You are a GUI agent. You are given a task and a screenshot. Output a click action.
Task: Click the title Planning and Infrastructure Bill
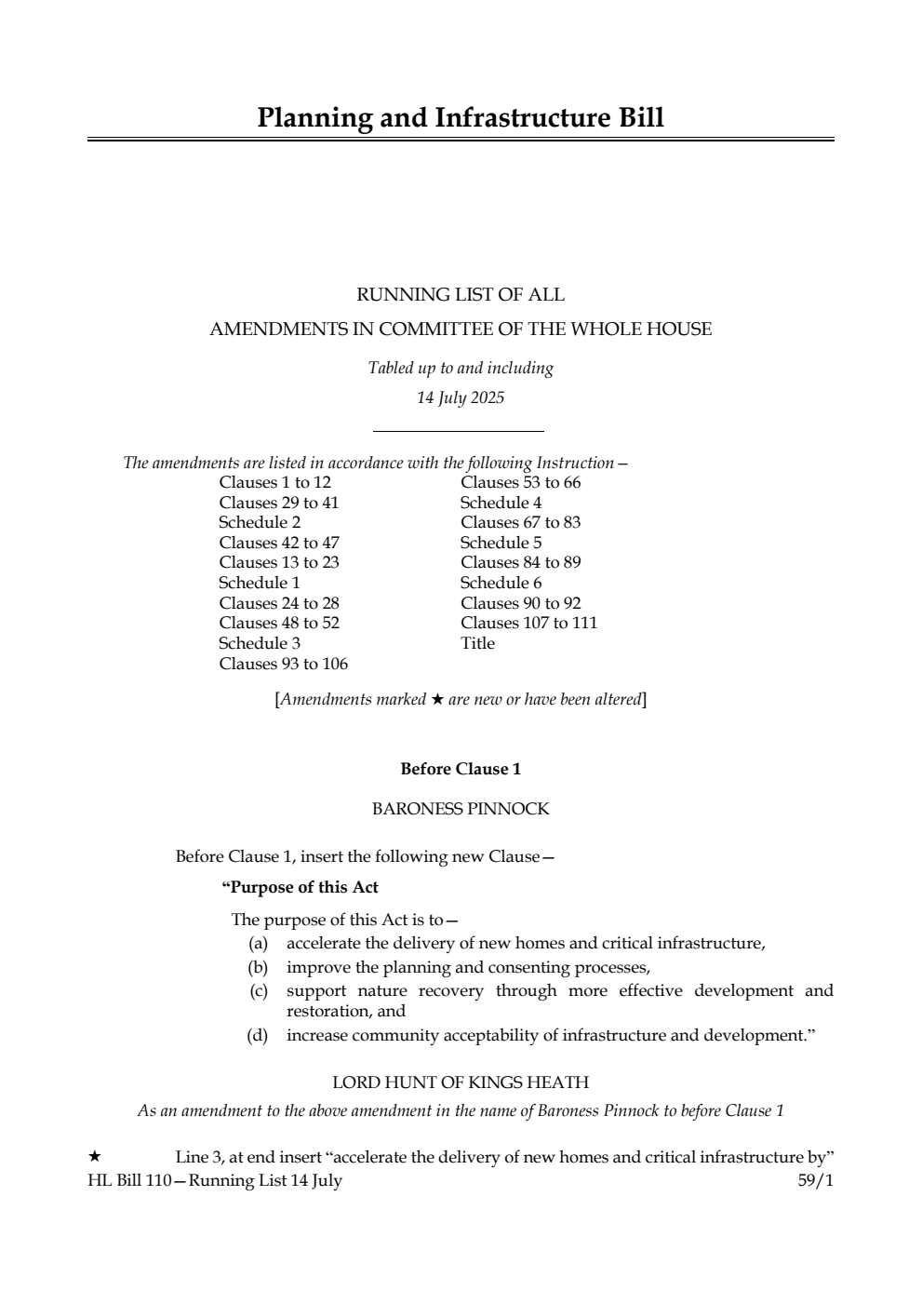tap(461, 118)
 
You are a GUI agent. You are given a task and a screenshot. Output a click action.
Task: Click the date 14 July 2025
tap(461, 398)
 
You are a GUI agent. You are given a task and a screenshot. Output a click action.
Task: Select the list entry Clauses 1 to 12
tap(274, 482)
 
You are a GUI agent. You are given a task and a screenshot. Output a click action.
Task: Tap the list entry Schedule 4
tap(501, 503)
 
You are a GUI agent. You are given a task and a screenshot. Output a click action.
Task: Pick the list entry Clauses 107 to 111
tap(528, 623)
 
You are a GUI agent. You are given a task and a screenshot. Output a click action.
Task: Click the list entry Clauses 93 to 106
tap(283, 664)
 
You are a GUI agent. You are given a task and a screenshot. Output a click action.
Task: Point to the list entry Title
tap(477, 643)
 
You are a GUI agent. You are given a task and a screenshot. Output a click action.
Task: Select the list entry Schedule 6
tap(501, 583)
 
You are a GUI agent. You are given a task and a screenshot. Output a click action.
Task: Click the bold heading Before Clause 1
tap(461, 769)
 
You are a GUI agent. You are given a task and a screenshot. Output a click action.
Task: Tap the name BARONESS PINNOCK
tap(461, 809)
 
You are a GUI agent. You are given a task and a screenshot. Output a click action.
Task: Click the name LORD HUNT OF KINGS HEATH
tap(461, 1082)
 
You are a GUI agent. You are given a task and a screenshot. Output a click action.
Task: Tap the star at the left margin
tap(94, 1157)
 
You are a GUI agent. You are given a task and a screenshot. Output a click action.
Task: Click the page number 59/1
tap(816, 1180)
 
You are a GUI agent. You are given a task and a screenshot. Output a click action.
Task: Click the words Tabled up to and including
tap(461, 368)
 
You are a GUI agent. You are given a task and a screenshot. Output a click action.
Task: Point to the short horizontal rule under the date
tap(458, 431)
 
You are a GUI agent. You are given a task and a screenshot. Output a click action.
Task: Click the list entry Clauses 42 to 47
tap(279, 543)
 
